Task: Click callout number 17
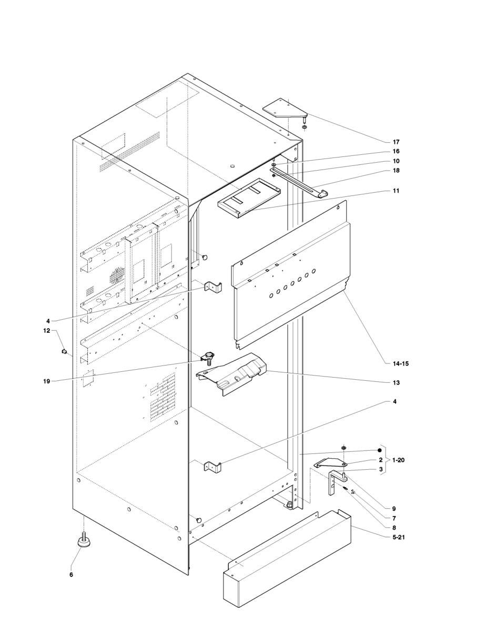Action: point(396,142)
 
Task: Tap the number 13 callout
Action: point(396,383)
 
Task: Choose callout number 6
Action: point(71,575)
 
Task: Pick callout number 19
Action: point(47,381)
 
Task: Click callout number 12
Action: point(46,331)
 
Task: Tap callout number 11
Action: point(396,191)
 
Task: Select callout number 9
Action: point(393,509)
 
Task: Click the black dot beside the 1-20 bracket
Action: point(378,451)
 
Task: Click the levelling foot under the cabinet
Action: point(84,541)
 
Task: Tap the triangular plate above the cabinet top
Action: point(285,108)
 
